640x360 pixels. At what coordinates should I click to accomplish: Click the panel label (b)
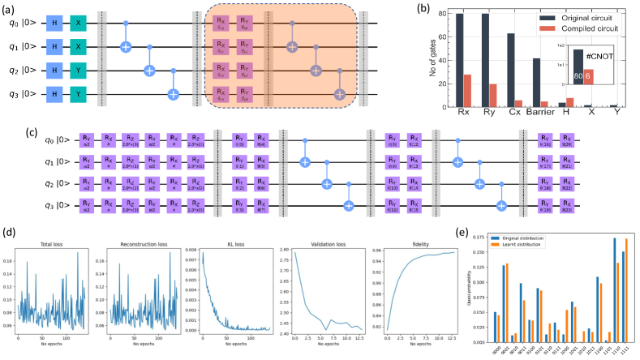[x=419, y=9]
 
